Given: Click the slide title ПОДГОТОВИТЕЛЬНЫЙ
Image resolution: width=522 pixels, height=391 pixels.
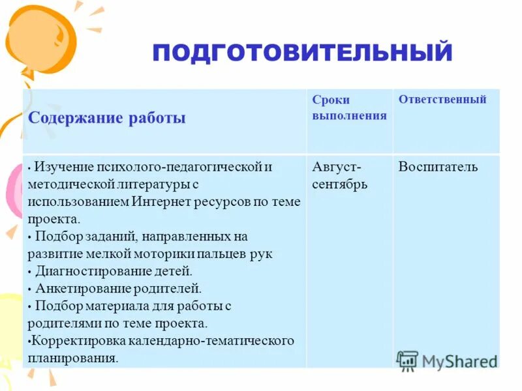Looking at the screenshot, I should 302,52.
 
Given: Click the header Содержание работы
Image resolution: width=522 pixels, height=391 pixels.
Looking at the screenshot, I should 107,118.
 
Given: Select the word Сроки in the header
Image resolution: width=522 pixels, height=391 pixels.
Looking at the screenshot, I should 331,100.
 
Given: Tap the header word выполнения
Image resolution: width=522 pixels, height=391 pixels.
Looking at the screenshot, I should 349,115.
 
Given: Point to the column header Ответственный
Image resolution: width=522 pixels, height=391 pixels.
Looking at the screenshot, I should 442,100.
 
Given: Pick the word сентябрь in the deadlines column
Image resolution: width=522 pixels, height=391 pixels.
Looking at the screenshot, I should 339,184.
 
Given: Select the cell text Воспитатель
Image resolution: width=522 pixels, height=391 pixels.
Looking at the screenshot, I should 438,167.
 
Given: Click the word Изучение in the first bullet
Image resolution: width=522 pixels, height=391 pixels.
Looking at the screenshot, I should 63,167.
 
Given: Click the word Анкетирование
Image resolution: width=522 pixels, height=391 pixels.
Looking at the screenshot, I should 78,288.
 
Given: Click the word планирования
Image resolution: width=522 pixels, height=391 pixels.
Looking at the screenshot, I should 72,358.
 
